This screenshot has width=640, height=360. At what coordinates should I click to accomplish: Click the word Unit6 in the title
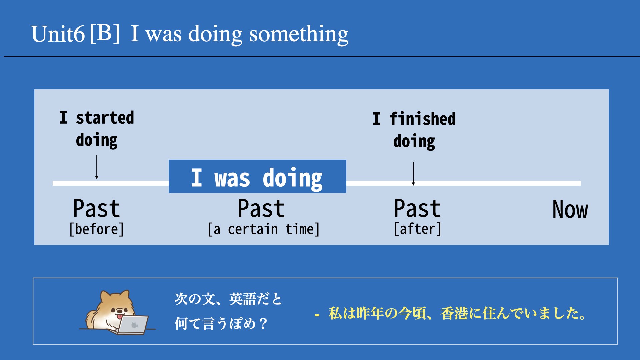[x=58, y=34]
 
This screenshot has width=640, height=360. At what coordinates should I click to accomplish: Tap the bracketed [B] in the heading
[x=105, y=33]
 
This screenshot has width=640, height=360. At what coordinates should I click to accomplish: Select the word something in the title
[x=299, y=35]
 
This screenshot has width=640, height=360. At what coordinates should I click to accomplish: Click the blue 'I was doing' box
[x=257, y=176]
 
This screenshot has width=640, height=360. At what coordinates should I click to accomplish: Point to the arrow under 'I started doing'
[x=97, y=167]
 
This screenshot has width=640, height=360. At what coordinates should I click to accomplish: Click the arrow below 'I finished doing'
[x=413, y=173]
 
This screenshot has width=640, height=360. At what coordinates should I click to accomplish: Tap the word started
[x=105, y=118]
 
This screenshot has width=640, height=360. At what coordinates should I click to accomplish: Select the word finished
[x=423, y=119]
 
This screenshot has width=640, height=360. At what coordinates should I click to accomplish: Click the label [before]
[x=97, y=229]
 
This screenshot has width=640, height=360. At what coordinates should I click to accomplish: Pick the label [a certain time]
[x=263, y=229]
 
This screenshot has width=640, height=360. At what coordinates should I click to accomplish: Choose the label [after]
[x=418, y=229]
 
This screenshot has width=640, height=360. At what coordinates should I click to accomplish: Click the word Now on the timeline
[x=570, y=210]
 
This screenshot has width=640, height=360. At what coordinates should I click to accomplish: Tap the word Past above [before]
[x=96, y=209]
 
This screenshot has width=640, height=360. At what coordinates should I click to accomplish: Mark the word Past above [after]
[x=417, y=209]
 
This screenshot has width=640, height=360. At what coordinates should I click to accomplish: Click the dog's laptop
[x=133, y=325]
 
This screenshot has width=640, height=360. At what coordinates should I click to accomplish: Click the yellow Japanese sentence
[x=457, y=314]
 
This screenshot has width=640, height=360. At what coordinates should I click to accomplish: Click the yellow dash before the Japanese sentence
[x=317, y=314]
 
